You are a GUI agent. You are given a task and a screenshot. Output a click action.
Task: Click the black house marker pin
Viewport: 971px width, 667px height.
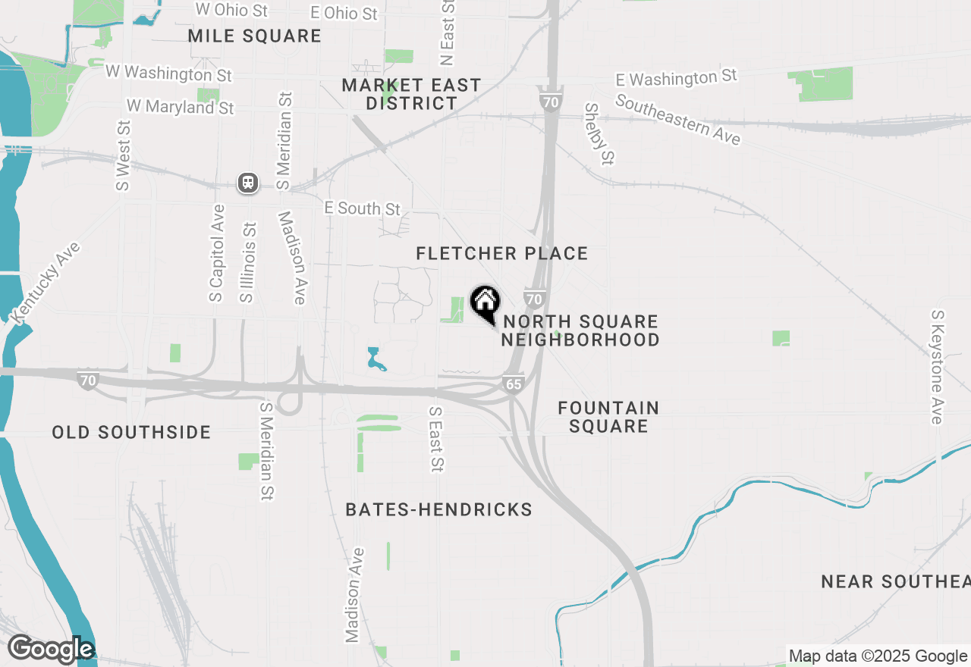coord(485,303)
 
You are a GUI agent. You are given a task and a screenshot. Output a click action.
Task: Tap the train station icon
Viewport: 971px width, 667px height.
coord(248,183)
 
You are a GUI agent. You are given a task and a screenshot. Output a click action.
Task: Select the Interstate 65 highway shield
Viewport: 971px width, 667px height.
coord(514,384)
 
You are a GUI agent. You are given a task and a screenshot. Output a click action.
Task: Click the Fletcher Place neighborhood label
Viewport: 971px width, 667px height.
coord(502,253)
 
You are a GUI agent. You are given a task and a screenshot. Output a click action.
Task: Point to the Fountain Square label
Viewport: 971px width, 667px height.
coord(608,417)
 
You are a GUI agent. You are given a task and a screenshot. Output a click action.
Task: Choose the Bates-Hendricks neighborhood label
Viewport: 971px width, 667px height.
coord(438,509)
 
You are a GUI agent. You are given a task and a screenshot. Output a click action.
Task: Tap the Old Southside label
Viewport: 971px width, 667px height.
coord(131,432)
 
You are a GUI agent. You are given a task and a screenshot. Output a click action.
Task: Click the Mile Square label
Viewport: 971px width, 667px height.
coord(255,36)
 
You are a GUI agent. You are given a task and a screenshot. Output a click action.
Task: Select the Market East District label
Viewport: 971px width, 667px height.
coord(411,94)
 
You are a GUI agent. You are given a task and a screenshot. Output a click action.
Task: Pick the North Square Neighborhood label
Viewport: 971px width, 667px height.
coord(580,330)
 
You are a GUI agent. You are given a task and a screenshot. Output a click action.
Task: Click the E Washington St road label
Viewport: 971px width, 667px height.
coord(676,78)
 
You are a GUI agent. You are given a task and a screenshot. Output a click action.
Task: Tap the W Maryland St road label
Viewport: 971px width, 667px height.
coord(181,107)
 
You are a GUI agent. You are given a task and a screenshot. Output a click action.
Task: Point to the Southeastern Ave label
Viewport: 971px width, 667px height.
coord(677,120)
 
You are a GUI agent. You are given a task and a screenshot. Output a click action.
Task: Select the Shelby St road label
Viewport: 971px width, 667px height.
coord(599,134)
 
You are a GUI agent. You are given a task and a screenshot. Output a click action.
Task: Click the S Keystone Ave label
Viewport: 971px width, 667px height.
coord(938,367)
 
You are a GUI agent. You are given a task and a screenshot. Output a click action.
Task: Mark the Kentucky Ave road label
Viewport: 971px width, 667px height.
coord(46,283)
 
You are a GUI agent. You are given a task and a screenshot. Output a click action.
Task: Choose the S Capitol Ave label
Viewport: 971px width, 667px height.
coord(217,252)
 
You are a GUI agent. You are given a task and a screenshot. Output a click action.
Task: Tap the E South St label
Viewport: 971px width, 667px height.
coord(362,208)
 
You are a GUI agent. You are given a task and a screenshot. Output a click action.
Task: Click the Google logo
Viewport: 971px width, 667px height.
coord(50,649)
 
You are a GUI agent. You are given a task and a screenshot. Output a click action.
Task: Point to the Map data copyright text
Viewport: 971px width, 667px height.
coord(878,656)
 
